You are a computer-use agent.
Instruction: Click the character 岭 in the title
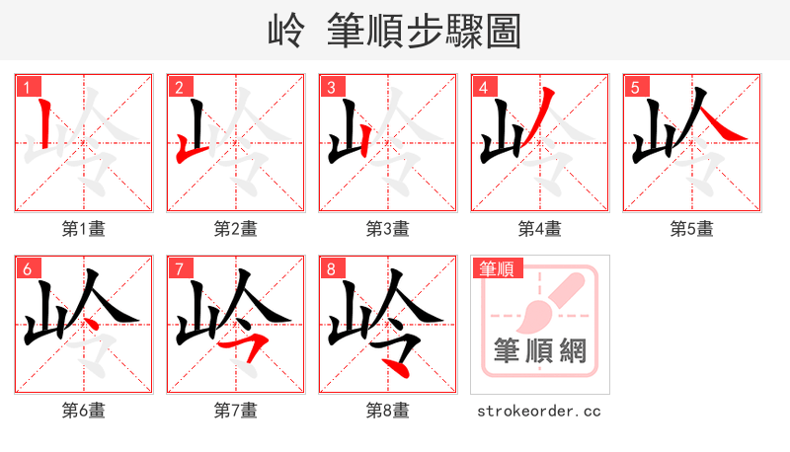coord(286,32)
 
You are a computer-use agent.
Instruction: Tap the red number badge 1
coord(26,88)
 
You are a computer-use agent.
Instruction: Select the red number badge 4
coord(483,88)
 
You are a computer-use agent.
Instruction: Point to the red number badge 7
coord(179,268)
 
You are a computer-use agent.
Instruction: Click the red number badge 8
coord(331,268)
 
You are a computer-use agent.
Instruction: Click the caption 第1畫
coord(83,229)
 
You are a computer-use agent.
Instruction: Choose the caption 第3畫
coord(387,229)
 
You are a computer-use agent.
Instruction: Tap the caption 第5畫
coord(691,229)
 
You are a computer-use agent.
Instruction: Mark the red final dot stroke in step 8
coord(397,367)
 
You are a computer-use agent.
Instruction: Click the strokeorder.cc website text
coord(538,411)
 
